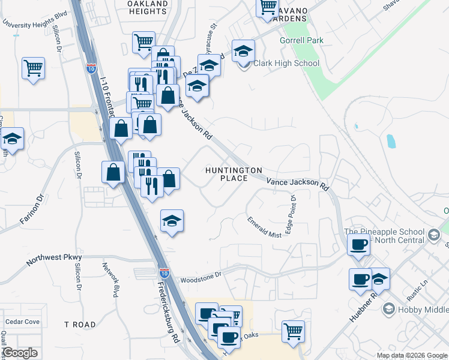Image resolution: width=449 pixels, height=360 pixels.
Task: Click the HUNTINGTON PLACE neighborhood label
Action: click(234, 174)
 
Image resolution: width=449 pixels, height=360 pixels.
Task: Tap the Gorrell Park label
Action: click(301, 41)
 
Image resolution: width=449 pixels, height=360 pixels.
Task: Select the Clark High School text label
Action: click(286, 63)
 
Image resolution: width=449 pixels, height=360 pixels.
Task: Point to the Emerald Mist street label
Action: click(264, 227)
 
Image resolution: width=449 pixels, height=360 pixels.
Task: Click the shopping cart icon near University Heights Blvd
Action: click(33, 67)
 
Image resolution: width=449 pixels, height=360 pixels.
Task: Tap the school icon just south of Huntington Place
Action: click(172, 221)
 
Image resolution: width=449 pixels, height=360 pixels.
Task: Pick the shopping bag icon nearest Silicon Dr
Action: click(113, 172)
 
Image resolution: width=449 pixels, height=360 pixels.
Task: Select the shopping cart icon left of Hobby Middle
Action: click(293, 331)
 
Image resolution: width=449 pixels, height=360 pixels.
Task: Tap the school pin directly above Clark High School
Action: click(244, 51)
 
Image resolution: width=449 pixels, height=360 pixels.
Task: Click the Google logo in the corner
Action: click(20, 353)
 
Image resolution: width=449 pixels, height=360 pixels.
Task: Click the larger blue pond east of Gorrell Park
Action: click(391, 141)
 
